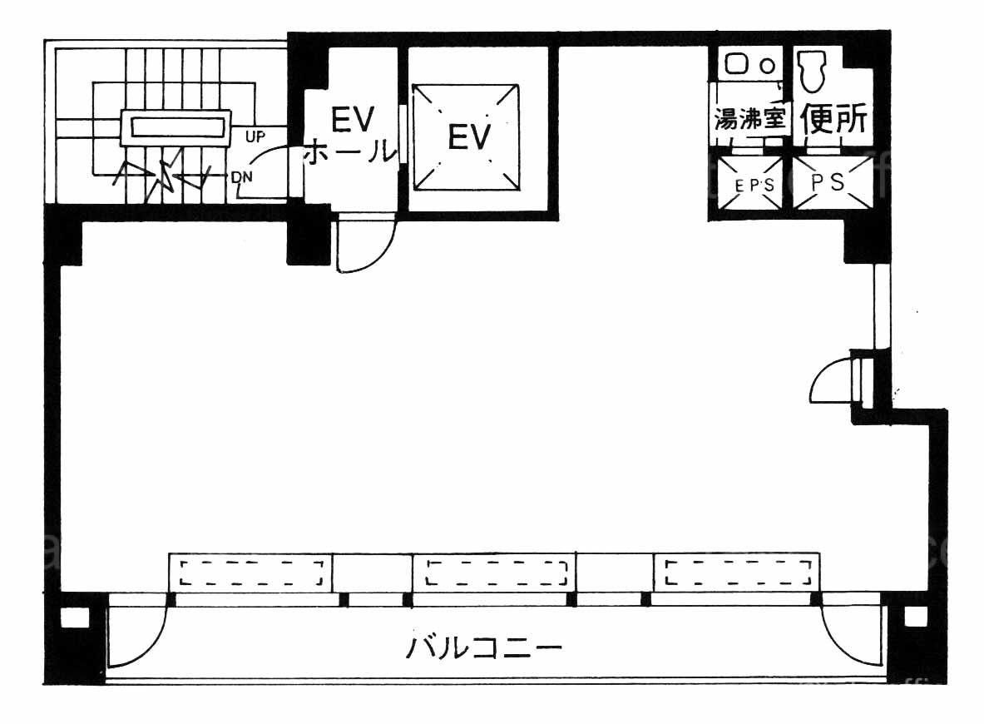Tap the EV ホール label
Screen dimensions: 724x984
tap(351, 135)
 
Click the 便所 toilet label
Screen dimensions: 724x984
tap(833, 121)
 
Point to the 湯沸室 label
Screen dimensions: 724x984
tap(750, 119)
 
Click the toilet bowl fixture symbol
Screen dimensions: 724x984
tap(812, 70)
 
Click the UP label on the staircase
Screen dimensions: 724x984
tap(255, 133)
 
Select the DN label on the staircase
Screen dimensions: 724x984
tap(243, 176)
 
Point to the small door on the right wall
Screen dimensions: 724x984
tap(834, 381)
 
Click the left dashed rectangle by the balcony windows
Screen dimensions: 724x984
tap(252, 573)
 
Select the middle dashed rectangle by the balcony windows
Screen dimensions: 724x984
tap(497, 573)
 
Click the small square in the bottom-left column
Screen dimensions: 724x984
tap(74, 617)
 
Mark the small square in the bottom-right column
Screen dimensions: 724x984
tap(915, 617)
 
